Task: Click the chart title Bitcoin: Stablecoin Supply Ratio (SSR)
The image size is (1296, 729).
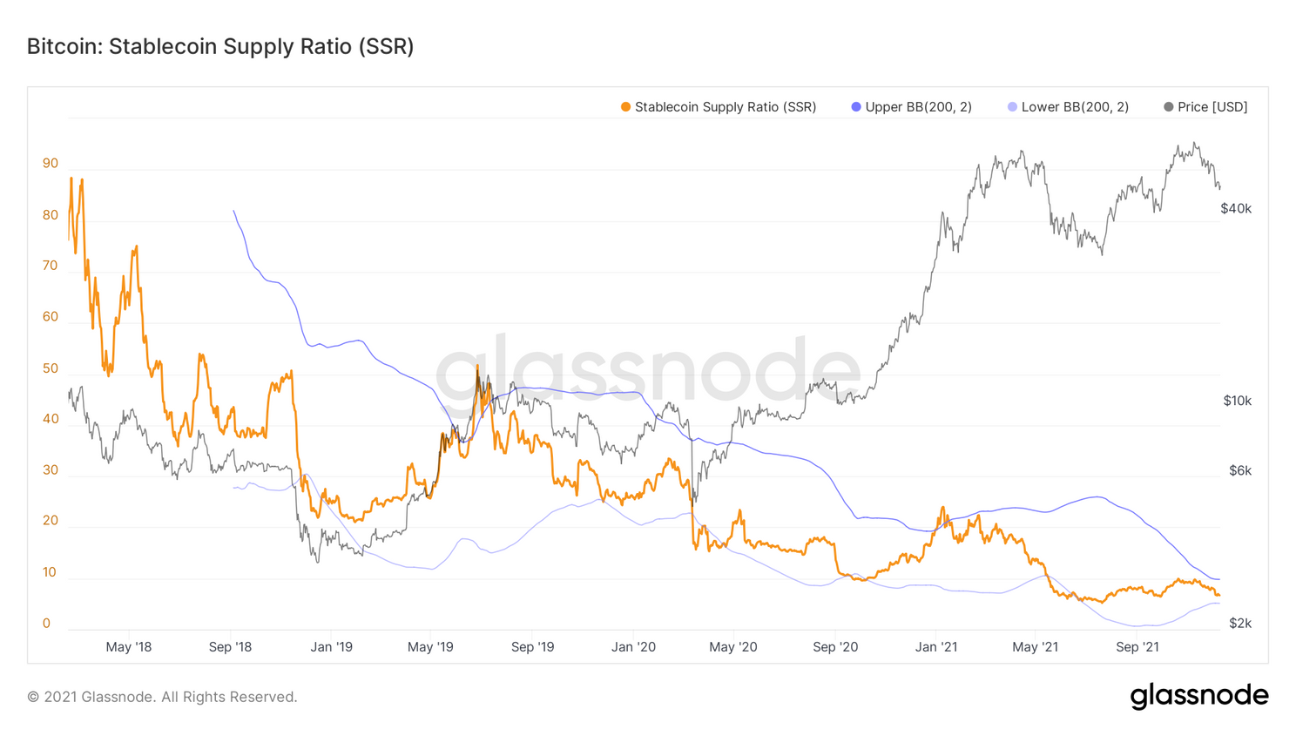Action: tap(220, 46)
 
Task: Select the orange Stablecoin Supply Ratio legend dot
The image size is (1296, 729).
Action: tap(625, 107)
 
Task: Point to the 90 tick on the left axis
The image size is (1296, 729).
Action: tap(51, 164)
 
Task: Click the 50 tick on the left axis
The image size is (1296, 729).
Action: tap(51, 368)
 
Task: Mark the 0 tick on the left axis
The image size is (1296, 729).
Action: tap(46, 624)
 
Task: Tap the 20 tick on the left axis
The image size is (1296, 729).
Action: tap(51, 521)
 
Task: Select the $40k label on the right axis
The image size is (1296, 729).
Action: tap(1235, 209)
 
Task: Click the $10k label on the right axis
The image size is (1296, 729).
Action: tap(1237, 401)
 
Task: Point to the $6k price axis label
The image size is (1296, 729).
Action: tap(1239, 471)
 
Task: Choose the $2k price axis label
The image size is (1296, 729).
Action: tap(1239, 624)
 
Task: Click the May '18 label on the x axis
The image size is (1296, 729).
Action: tap(129, 647)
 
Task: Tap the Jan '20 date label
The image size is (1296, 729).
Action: tap(633, 647)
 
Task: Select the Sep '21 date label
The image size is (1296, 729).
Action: tap(1137, 647)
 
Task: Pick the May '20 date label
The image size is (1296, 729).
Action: tap(733, 647)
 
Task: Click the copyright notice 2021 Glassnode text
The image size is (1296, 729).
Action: tap(162, 697)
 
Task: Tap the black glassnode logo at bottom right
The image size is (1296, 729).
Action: tap(1198, 696)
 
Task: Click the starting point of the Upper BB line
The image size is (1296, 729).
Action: tap(233, 211)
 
